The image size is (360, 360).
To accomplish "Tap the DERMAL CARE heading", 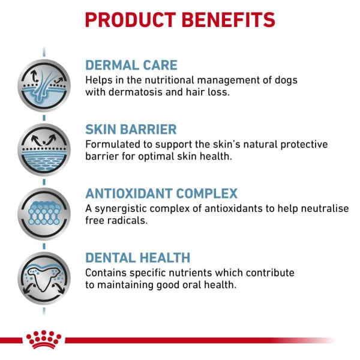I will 131,65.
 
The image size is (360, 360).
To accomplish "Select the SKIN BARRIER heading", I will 131,129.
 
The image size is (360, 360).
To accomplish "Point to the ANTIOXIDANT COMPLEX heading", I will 161,194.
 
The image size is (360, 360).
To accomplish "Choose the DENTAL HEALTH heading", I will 137,258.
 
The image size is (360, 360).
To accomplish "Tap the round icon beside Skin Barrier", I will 44,149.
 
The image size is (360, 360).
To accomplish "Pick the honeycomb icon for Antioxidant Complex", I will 44,214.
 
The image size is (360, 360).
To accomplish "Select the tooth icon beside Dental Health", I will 44,278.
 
